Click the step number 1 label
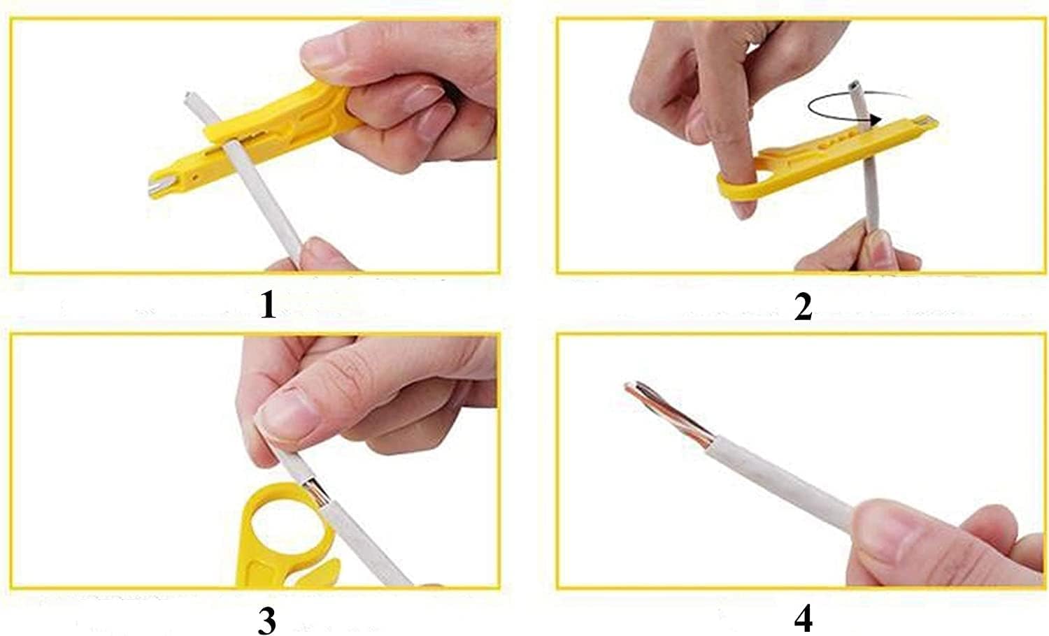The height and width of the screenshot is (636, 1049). (x=268, y=305)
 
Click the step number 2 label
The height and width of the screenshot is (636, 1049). (x=803, y=307)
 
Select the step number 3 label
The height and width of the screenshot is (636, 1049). (x=266, y=619)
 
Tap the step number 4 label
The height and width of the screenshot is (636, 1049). (x=804, y=619)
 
